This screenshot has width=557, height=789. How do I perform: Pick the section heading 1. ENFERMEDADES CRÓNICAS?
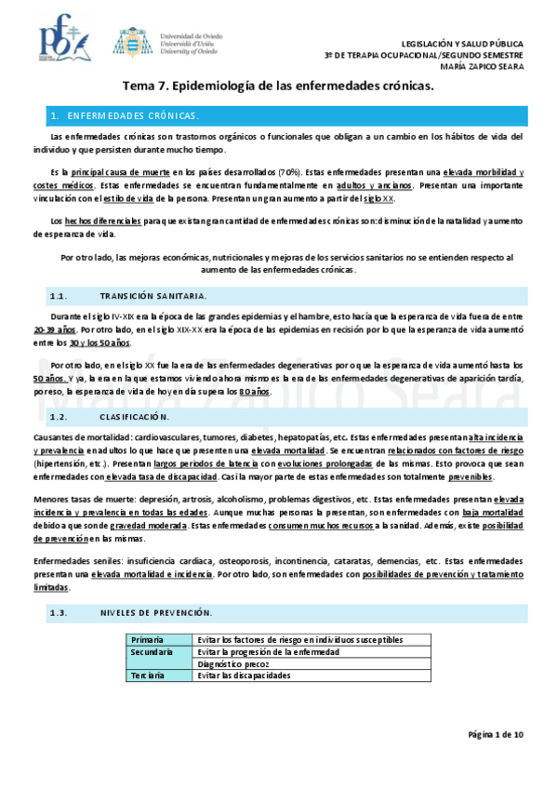pyautogui.click(x=126, y=115)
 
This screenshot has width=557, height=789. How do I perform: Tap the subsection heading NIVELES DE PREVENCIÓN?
pyautogui.click(x=155, y=612)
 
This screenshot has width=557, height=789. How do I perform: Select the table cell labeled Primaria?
pyautogui.click(x=148, y=640)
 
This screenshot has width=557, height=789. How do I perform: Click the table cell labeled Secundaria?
pyautogui.click(x=153, y=652)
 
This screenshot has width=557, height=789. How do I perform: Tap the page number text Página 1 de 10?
pyautogui.click(x=496, y=734)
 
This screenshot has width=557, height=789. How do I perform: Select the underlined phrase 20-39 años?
pyautogui.click(x=55, y=329)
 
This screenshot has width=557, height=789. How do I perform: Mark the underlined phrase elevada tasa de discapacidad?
pyautogui.click(x=162, y=476)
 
